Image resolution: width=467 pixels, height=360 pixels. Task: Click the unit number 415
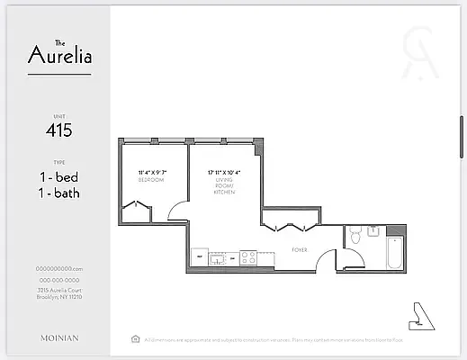58,130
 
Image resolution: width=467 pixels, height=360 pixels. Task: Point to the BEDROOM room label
151,180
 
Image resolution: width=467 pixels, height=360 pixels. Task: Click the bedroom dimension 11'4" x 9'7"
151,172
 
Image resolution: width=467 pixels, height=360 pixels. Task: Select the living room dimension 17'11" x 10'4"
224,172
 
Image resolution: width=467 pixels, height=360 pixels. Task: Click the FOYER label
300,249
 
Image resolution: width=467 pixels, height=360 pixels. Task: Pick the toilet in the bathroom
355,236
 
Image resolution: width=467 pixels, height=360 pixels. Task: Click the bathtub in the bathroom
393,253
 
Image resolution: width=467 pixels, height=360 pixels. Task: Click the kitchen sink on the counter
218,257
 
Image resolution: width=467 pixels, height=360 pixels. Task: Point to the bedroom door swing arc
177,213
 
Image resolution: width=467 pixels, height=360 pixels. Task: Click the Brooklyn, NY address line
58,296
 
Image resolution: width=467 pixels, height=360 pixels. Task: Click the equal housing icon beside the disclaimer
135,339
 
